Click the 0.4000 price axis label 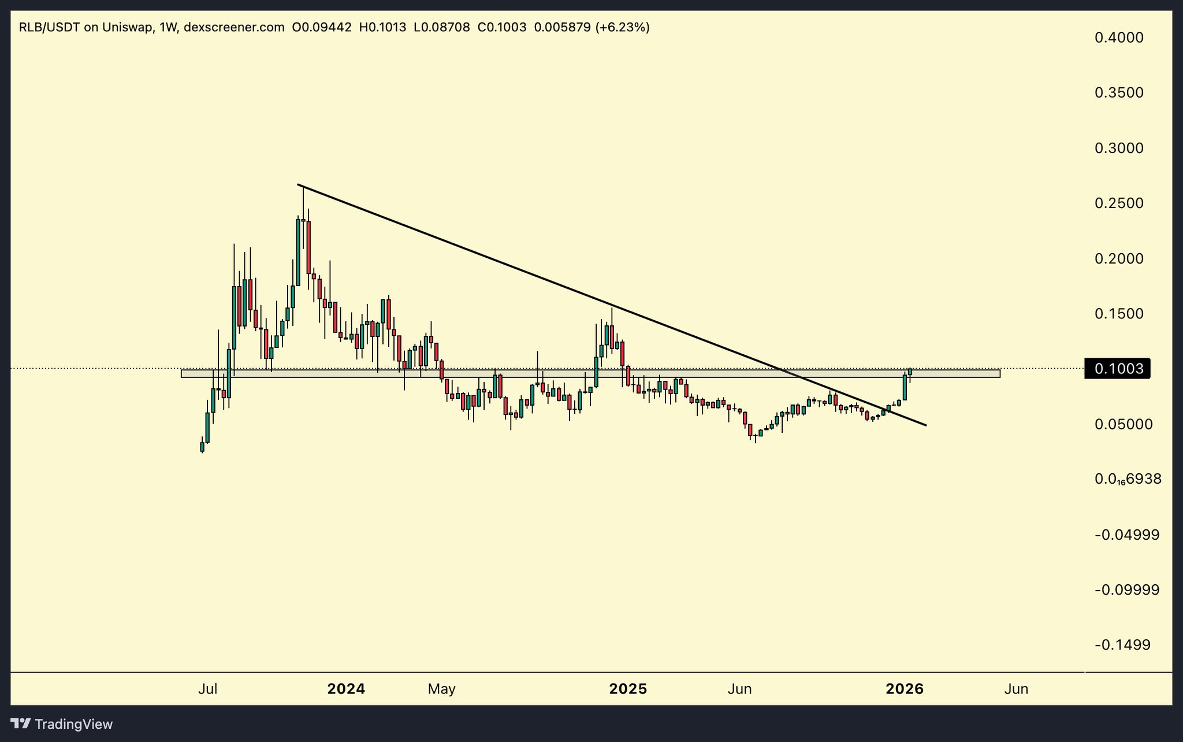[1119, 38]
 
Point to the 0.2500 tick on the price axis [1119, 203]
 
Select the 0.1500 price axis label [1119, 314]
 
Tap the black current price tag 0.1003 [1118, 369]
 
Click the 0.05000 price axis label [1124, 424]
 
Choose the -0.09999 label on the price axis [1126, 590]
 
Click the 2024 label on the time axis [346, 689]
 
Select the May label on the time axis [442, 689]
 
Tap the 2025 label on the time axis [628, 689]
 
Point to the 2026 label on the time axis [905, 689]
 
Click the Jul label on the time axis [207, 689]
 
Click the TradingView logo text [73, 724]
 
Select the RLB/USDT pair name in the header [49, 27]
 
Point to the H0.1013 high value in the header [382, 27]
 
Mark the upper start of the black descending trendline [298, 185]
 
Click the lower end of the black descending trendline [926, 425]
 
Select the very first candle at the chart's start [202, 447]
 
